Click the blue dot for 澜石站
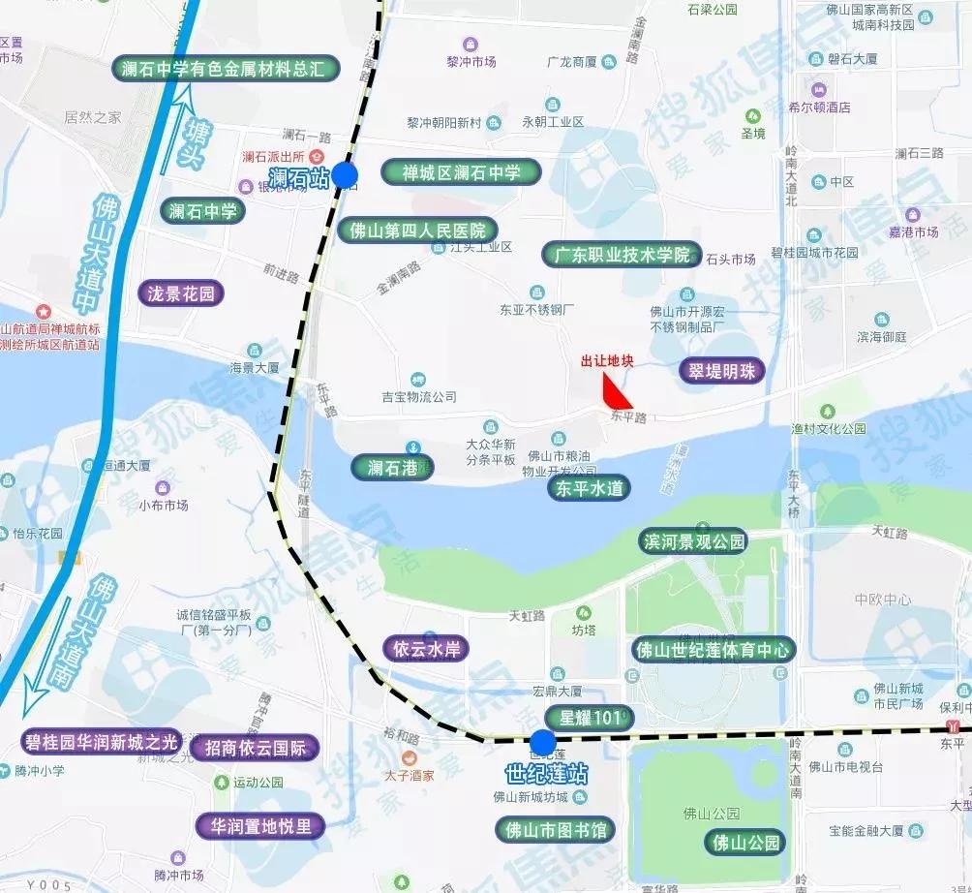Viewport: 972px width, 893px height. (345, 175)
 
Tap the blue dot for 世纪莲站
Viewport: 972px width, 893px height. (543, 744)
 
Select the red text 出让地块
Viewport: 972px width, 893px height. (606, 361)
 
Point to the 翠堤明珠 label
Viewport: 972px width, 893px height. (722, 370)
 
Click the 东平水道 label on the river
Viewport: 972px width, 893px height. (589, 488)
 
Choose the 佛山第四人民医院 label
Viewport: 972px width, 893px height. (418, 231)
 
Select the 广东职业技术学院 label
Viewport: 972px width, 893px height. (622, 255)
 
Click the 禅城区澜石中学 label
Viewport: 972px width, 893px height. (461, 173)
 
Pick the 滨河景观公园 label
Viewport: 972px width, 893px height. (694, 541)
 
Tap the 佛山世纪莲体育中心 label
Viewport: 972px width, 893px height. (713, 649)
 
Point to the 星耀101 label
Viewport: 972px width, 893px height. (589, 718)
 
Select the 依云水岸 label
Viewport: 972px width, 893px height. (426, 648)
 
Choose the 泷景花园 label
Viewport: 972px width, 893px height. (180, 293)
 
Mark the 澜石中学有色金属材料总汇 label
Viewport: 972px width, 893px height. (228, 69)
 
